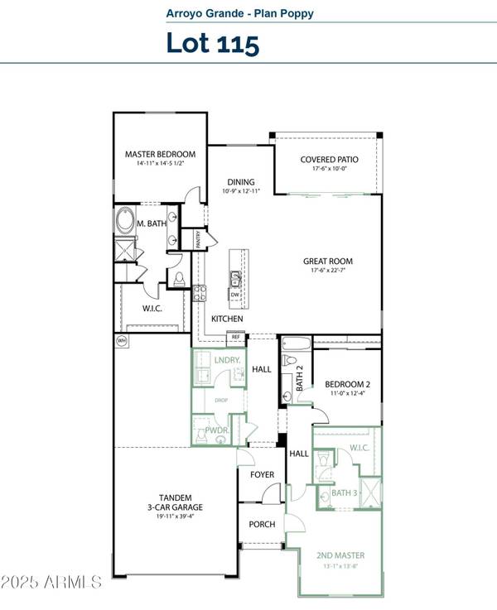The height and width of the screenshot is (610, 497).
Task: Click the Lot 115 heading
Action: point(213,42)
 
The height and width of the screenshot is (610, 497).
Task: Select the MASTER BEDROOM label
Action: point(160,154)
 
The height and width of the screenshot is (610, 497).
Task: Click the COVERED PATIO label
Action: point(329,159)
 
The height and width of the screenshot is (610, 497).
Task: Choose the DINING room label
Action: point(242,182)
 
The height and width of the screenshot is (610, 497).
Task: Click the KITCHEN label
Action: point(227,319)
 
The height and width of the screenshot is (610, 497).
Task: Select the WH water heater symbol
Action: point(122,340)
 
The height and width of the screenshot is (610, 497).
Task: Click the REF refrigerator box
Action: point(236,337)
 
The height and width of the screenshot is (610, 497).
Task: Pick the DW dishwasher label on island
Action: point(235,294)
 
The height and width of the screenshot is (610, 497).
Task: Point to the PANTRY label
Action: point(199,239)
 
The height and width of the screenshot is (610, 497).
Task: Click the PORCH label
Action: point(262,525)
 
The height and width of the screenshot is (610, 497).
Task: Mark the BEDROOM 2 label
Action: point(346,384)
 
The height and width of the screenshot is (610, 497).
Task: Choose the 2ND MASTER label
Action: point(340,555)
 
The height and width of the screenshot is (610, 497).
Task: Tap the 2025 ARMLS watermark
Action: point(51,581)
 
